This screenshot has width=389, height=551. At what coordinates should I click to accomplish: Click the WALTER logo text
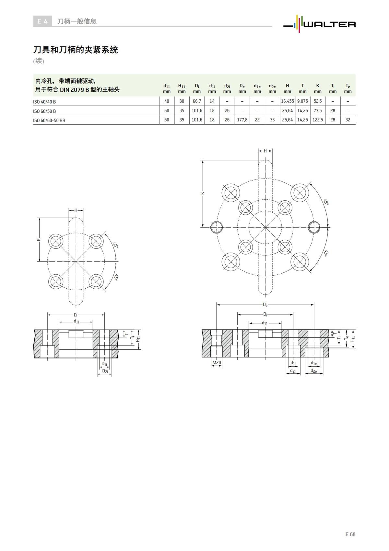pyautogui.click(x=329, y=24)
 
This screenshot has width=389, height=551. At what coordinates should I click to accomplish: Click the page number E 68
pyautogui.click(x=350, y=534)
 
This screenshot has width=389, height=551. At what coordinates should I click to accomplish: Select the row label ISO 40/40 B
pyautogui.click(x=44, y=102)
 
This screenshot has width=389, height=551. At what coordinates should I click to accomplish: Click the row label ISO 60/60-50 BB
pyautogui.click(x=49, y=120)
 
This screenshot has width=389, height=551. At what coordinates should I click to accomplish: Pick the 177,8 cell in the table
pyautogui.click(x=242, y=120)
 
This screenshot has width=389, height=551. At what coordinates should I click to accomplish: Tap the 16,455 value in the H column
pyautogui.click(x=287, y=101)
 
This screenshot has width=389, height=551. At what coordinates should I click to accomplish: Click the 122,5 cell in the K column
pyautogui.click(x=317, y=120)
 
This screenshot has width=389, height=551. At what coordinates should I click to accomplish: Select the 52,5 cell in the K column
pyautogui.click(x=317, y=101)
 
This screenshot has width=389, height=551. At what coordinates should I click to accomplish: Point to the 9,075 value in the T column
pyautogui.click(x=302, y=101)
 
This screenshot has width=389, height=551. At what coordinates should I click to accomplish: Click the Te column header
pyautogui.click(x=348, y=88)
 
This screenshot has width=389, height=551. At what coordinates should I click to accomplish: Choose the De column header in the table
pyautogui.click(x=242, y=88)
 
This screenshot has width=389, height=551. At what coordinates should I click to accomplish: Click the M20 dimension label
pyautogui.click(x=217, y=363)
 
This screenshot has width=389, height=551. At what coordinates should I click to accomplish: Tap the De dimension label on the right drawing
pyautogui.click(x=265, y=305)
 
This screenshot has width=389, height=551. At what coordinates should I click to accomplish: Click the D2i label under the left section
pyautogui.click(x=105, y=371)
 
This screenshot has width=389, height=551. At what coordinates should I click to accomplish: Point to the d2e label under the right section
pyautogui.click(x=314, y=370)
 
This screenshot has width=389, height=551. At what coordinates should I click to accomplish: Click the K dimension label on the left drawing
pyautogui.click(x=39, y=240)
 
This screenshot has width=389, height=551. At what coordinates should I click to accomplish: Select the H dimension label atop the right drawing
pyautogui.click(x=265, y=151)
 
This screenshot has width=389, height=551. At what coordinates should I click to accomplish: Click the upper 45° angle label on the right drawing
pyautogui.click(x=326, y=202)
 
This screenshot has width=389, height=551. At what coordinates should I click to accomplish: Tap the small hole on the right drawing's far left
pyautogui.click(x=216, y=227)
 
